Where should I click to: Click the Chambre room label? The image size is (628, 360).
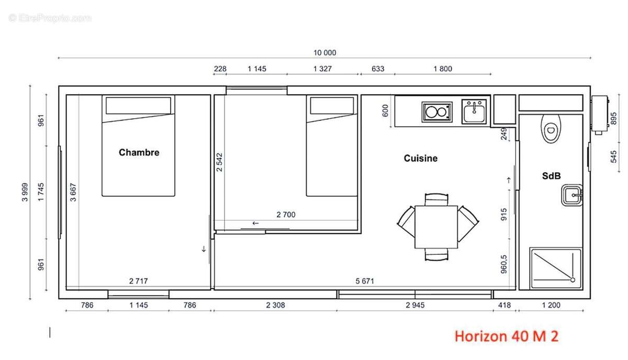point(139,152)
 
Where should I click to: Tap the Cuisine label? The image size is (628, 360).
point(421,158)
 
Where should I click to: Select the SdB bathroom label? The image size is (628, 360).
point(551,176)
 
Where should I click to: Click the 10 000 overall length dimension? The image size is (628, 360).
point(324,53)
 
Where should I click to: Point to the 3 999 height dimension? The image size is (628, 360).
point(25,192)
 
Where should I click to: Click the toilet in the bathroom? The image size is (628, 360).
point(551,129)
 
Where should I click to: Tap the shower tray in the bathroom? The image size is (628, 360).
point(556,268)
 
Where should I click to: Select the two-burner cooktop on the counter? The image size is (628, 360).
point(437,112)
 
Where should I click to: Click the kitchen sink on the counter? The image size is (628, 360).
point(474,111)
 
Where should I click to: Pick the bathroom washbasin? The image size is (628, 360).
point(572,195)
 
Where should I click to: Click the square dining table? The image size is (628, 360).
point(436,227)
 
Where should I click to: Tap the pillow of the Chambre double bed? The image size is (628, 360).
point(138,105)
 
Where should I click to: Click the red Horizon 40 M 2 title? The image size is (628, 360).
point(507,336)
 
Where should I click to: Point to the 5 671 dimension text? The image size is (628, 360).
point(365,281)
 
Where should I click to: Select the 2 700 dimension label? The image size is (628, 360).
point(286,215)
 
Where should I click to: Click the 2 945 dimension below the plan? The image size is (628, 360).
point(415,305)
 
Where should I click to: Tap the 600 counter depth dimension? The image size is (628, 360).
point(385,110)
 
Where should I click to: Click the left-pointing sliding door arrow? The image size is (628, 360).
point(255,223)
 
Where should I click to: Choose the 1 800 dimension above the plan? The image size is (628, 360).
point(443,69)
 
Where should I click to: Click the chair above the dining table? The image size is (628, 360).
point(436,199)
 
